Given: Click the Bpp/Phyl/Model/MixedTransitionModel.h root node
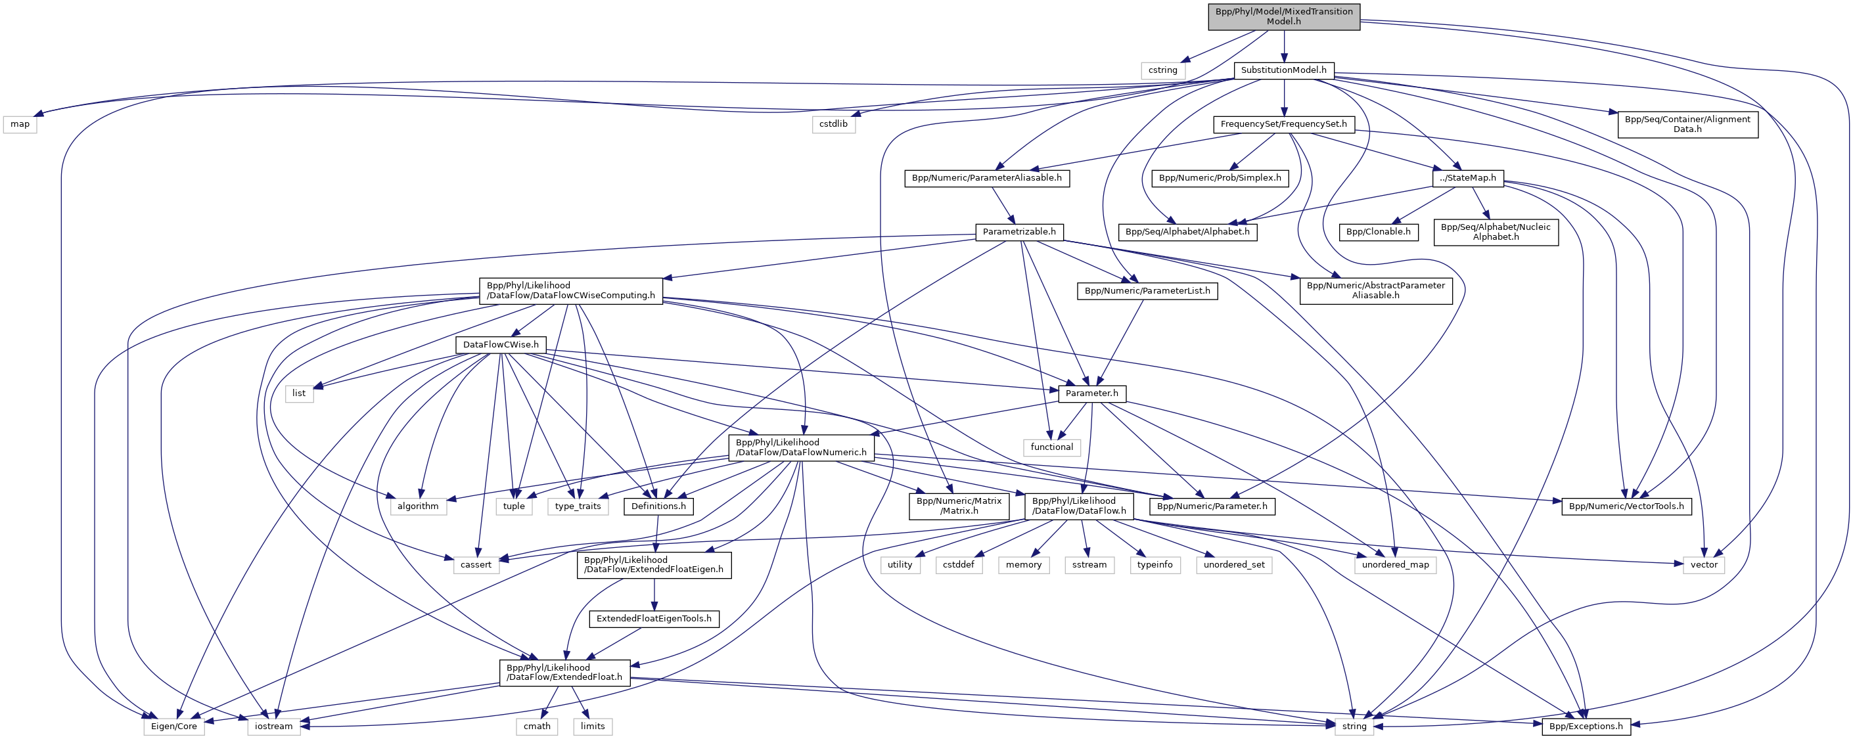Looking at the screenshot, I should (1283, 16).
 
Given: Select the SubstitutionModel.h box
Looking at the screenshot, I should (1283, 70).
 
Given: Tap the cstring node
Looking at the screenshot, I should (1162, 70).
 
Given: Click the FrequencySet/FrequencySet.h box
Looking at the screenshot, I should (1283, 123).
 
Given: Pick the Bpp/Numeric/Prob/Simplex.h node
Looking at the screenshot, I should (1220, 177).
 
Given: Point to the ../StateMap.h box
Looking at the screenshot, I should (1467, 177).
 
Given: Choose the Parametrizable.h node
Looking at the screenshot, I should (1018, 231).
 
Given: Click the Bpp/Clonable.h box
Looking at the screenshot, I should (1377, 231).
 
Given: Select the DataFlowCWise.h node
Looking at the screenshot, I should (500, 344).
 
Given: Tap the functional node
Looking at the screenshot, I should (1051, 447).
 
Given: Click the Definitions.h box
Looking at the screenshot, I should (658, 506).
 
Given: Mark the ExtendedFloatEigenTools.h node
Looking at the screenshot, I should (653, 618).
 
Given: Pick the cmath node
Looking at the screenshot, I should (537, 726).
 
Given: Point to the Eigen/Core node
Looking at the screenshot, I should (173, 726).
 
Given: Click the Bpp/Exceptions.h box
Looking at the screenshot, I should (1586, 726).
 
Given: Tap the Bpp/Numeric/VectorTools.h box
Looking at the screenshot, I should (1626, 506).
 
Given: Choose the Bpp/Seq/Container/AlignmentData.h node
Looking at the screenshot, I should (1687, 123).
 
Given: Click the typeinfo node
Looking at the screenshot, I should (1155, 564).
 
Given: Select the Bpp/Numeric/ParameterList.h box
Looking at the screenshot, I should (1147, 290).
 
